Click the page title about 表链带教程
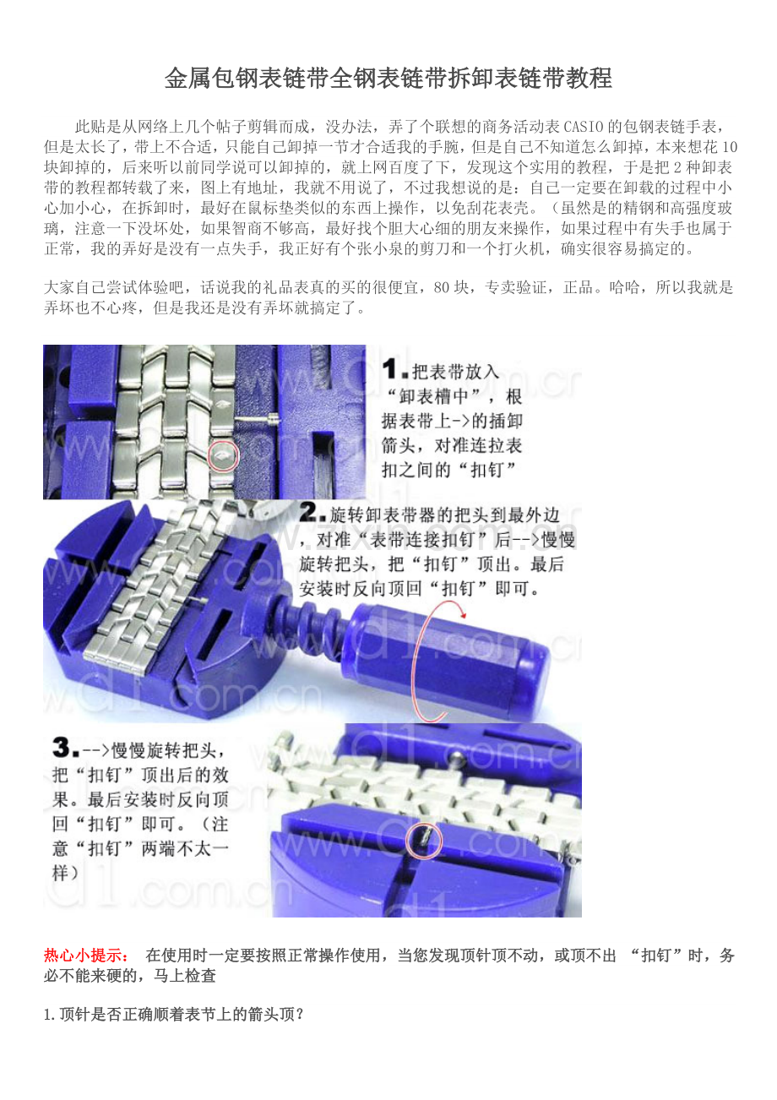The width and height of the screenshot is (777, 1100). click(388, 78)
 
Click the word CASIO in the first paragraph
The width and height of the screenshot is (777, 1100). click(584, 127)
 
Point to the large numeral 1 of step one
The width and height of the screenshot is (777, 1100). click(391, 369)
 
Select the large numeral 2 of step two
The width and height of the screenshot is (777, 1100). click(309, 512)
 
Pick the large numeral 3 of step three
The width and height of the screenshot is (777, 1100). click(62, 747)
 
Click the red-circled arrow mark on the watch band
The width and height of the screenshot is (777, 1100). click(223, 456)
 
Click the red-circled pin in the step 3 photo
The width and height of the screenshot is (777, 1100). click(425, 841)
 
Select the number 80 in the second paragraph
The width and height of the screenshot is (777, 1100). click(443, 286)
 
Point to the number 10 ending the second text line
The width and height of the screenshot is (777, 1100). click(730, 147)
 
